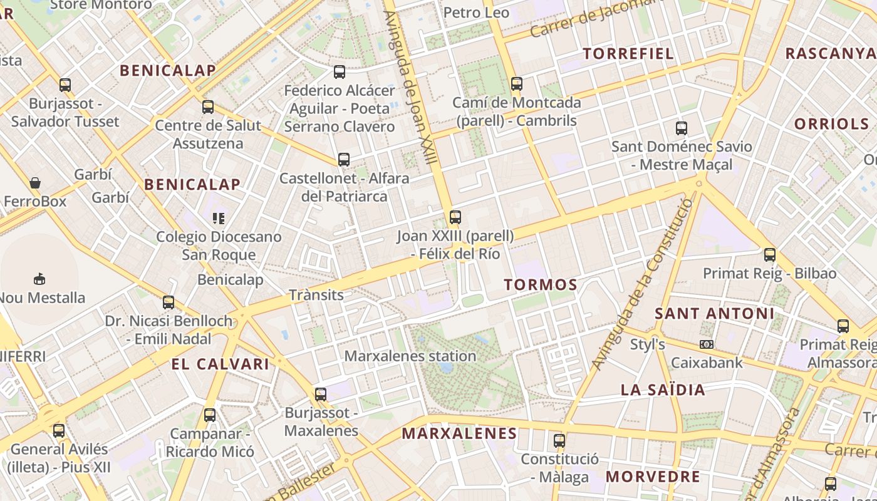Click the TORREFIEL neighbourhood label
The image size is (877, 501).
(628, 53)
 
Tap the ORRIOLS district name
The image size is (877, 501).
(831, 123)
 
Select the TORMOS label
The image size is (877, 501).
(541, 285)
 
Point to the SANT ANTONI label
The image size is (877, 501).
(715, 313)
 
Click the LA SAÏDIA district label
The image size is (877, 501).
(663, 390)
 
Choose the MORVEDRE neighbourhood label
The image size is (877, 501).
(653, 477)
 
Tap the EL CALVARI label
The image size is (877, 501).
(220, 364)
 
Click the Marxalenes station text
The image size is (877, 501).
(410, 356)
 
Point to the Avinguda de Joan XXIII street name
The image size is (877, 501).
(410, 88)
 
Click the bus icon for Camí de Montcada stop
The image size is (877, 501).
(517, 84)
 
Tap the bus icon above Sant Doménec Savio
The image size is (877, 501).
(682, 128)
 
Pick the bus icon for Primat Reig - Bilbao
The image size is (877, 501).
(770, 255)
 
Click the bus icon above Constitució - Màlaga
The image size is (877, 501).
(559, 440)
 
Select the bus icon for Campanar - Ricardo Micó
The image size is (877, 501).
(210, 415)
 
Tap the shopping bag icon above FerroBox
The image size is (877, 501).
(35, 183)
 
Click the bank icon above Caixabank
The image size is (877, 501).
(707, 344)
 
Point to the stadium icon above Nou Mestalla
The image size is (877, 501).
(39, 279)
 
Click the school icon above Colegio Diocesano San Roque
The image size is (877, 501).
(219, 218)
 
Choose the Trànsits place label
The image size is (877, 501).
(316, 294)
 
